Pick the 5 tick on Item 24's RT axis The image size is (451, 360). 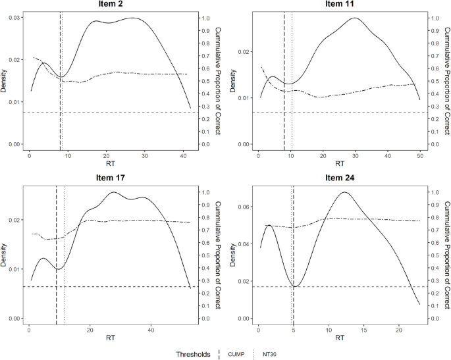pos(294,329)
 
